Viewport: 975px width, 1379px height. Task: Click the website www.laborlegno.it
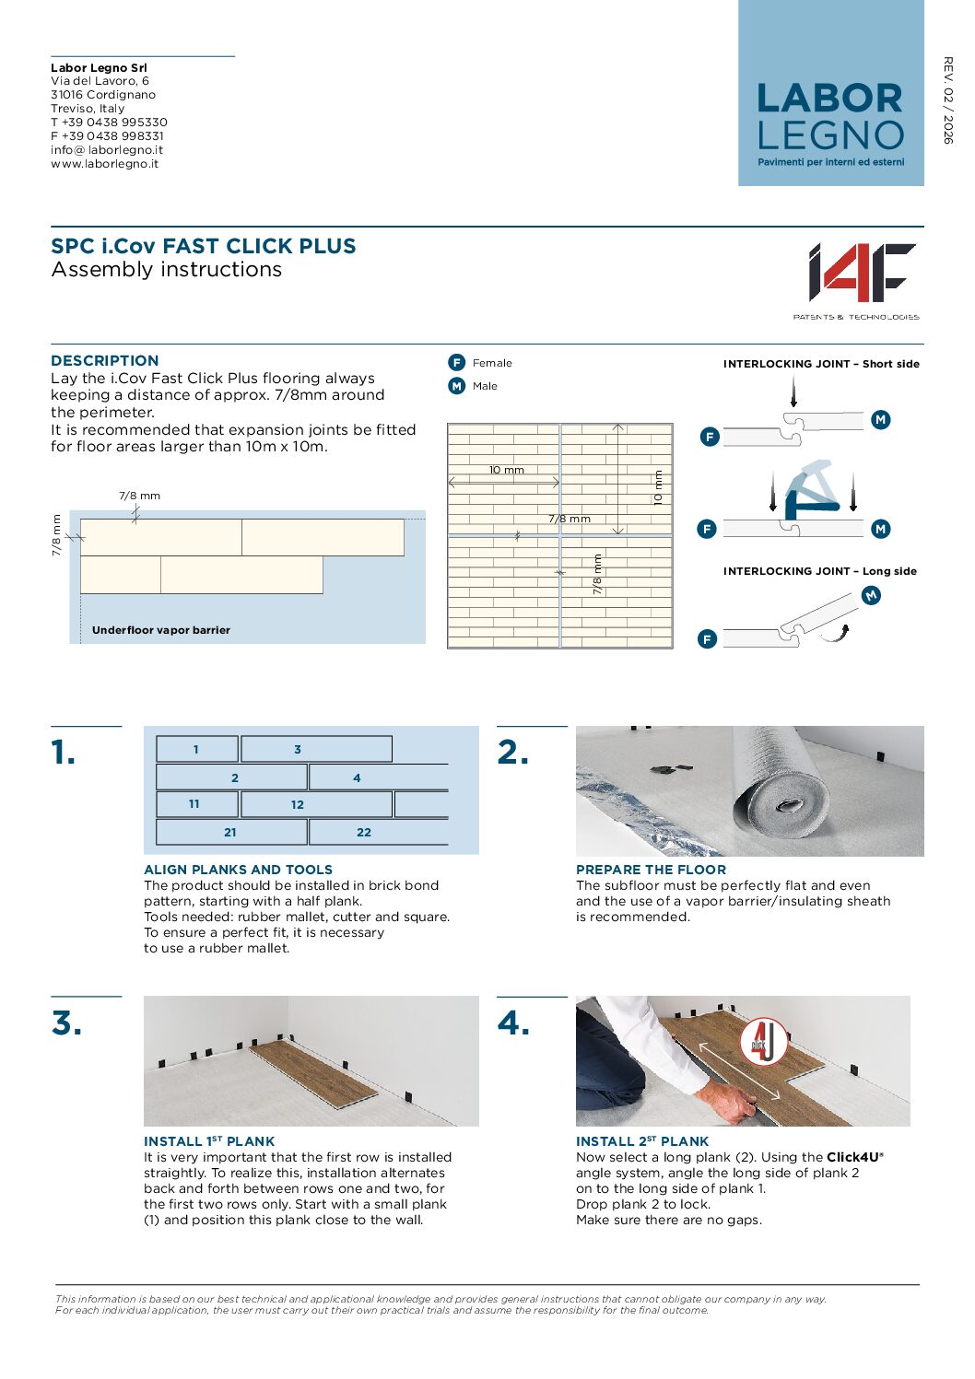[104, 164]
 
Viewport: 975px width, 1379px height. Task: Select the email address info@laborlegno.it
[107, 150]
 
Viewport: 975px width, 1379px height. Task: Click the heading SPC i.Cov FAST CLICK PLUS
[204, 247]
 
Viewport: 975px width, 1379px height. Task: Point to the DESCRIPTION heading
[105, 361]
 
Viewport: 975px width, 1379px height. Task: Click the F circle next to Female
[456, 363]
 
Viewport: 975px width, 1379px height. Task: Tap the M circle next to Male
[456, 386]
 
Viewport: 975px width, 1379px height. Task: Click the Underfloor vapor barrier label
[161, 630]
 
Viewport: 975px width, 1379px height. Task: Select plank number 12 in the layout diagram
[297, 804]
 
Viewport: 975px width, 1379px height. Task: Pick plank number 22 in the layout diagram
[364, 832]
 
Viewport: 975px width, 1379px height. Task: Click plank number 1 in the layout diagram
[196, 749]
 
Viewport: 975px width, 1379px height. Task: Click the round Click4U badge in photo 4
[763, 1041]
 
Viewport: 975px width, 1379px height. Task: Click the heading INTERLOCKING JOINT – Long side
[819, 571]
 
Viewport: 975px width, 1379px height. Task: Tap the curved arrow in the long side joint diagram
[836, 633]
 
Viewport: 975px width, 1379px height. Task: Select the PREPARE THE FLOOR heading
[651, 870]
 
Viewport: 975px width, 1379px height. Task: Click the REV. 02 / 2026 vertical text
[947, 100]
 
